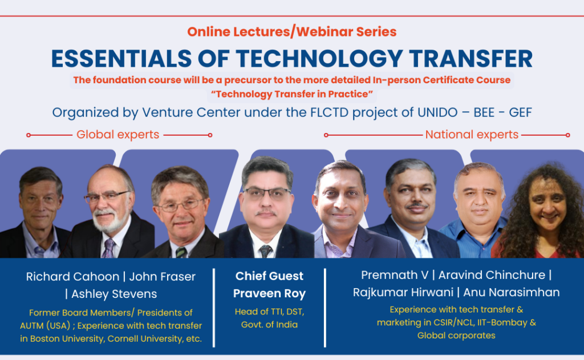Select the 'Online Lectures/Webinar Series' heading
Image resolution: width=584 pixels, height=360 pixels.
(291, 32)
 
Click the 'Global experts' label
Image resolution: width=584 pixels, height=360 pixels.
(117, 135)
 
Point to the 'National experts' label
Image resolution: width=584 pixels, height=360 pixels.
(472, 135)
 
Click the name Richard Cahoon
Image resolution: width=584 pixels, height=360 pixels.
(72, 277)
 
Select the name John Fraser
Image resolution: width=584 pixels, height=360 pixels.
(162, 277)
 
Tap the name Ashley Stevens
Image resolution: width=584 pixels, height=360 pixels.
(114, 294)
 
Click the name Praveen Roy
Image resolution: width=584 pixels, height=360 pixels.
(269, 293)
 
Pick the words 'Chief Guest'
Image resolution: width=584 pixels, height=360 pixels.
(269, 276)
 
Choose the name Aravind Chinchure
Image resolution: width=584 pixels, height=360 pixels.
(492, 275)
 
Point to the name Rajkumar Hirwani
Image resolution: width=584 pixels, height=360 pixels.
(403, 292)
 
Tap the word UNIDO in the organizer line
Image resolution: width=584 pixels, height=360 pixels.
(437, 112)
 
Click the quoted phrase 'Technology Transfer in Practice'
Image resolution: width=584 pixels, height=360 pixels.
(291, 94)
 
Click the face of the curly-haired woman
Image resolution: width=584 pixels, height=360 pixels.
(547, 201)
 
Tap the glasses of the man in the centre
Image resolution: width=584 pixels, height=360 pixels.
(267, 193)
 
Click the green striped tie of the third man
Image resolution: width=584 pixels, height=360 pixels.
(181, 252)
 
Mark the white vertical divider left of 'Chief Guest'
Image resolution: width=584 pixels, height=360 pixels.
(214, 308)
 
